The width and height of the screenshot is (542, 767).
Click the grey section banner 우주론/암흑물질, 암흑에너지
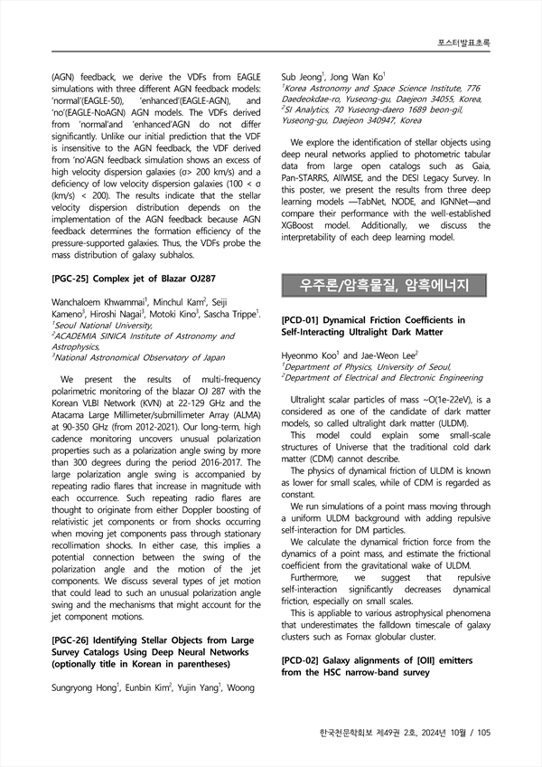pos(384,287)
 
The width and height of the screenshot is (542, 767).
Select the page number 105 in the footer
pos(481,733)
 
